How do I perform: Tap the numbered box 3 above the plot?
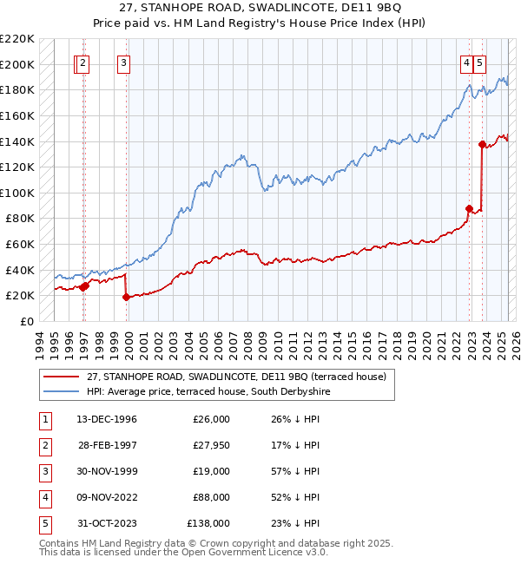coord(124,62)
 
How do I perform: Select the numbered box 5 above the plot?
coord(480,62)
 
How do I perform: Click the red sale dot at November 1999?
coord(126,297)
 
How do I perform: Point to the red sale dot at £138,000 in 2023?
coord(482,144)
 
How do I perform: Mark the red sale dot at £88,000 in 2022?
coord(469,208)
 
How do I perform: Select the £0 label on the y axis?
coord(28,321)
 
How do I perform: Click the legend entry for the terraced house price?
coord(229,376)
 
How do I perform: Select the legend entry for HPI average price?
coord(208,391)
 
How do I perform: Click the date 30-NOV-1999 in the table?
coord(108,471)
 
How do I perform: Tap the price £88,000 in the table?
coord(211,497)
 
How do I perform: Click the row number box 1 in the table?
coord(43,419)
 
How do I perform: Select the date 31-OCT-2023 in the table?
coord(108,523)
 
